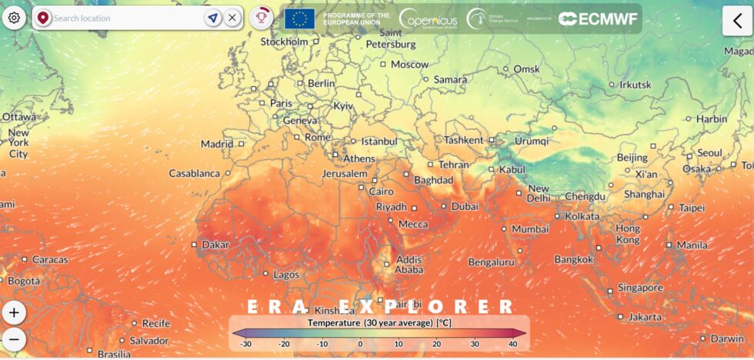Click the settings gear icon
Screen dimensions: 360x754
click(14, 18)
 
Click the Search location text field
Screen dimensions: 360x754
click(123, 18)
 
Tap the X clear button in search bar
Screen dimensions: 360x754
click(232, 18)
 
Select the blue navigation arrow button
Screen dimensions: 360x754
click(212, 18)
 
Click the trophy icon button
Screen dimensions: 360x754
click(262, 18)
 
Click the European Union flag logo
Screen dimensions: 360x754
click(299, 18)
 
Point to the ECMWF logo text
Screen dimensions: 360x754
click(599, 18)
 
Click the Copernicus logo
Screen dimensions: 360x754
click(428, 18)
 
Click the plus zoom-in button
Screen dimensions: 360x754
click(14, 313)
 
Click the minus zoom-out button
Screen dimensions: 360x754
click(14, 339)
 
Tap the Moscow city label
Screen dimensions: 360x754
click(409, 65)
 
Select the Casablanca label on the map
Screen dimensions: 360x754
click(195, 173)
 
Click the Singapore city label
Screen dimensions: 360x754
click(639, 288)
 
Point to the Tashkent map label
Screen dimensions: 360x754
click(463, 140)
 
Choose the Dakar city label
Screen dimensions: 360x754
click(215, 245)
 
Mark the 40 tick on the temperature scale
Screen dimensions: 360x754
click(512, 344)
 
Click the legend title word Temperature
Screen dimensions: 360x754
click(335, 323)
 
